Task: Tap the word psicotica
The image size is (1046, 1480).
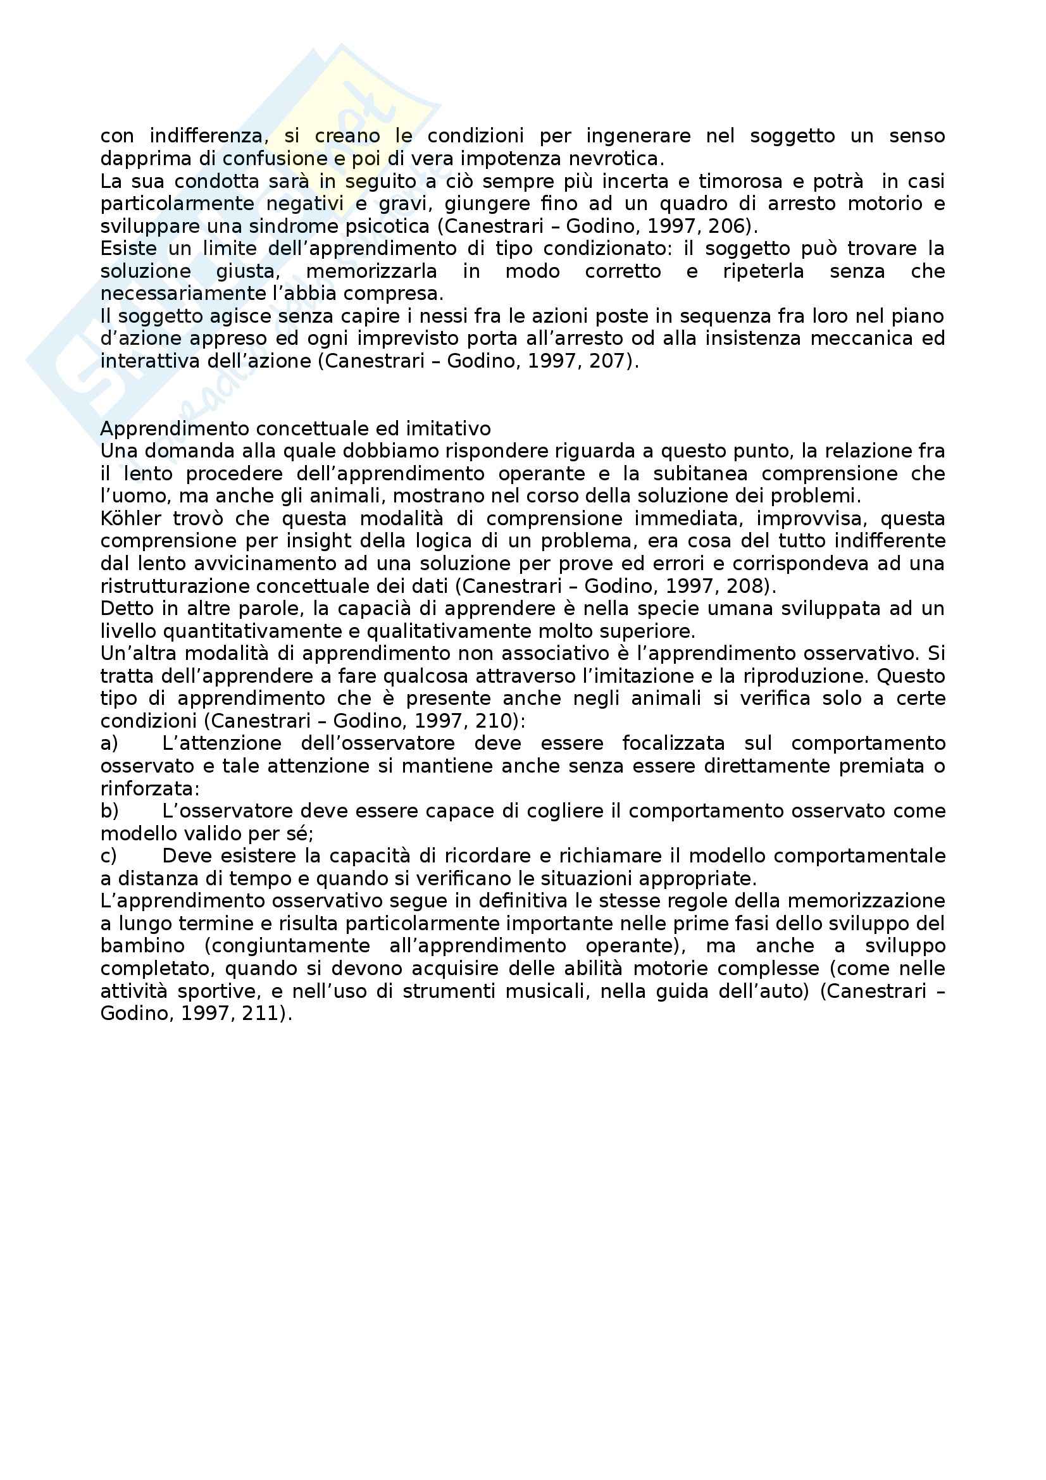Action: [391, 227]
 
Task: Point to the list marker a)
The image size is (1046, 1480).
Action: [109, 744]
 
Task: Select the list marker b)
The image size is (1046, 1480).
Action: [109, 812]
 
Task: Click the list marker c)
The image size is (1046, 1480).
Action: [109, 857]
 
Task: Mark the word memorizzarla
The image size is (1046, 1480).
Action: [372, 271]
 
